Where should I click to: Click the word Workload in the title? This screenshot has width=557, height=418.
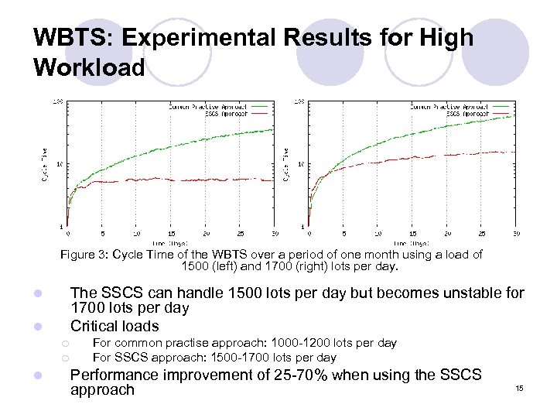(x=89, y=67)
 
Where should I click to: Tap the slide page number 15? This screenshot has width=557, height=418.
(x=519, y=389)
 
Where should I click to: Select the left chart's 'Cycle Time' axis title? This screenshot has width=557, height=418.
(x=43, y=165)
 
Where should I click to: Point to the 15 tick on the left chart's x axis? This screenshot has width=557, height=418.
(x=172, y=233)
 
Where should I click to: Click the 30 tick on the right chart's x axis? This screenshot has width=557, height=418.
(x=516, y=233)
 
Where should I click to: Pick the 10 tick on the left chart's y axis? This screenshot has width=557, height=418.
(x=60, y=163)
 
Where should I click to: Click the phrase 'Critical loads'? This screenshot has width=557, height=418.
(x=114, y=326)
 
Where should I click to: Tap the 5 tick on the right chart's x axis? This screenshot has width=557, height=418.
(x=343, y=233)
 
